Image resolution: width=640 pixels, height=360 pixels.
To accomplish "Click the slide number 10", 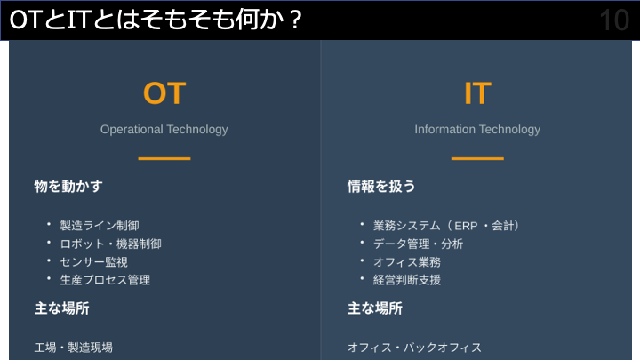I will tap(614, 20).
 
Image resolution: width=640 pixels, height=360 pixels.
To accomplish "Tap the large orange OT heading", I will tap(164, 93).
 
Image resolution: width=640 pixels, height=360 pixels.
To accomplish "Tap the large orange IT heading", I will tap(477, 93).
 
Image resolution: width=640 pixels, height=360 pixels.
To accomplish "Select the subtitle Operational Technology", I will tap(164, 129).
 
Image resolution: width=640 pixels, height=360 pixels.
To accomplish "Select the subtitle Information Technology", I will tap(477, 129).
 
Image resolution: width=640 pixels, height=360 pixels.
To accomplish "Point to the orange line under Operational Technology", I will tap(164, 158).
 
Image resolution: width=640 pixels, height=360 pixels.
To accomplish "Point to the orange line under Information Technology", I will tap(477, 158).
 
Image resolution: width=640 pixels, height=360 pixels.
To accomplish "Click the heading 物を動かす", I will tap(68, 187).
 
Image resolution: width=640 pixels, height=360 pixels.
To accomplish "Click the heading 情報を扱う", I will tap(381, 187).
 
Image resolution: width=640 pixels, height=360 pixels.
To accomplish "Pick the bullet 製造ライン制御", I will tap(100, 226).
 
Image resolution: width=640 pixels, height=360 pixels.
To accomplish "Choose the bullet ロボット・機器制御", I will tap(110, 244).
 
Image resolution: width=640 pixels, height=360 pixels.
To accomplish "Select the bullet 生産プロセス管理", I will tap(105, 279).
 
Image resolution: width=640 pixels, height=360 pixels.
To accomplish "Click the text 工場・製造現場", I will tap(74, 347).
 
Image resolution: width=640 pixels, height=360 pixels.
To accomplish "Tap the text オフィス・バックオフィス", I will tap(414, 347).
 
